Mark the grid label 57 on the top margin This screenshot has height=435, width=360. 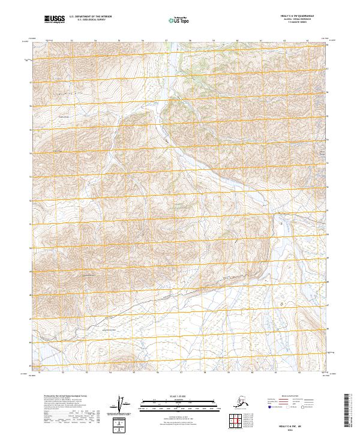(x=166, y=41)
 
